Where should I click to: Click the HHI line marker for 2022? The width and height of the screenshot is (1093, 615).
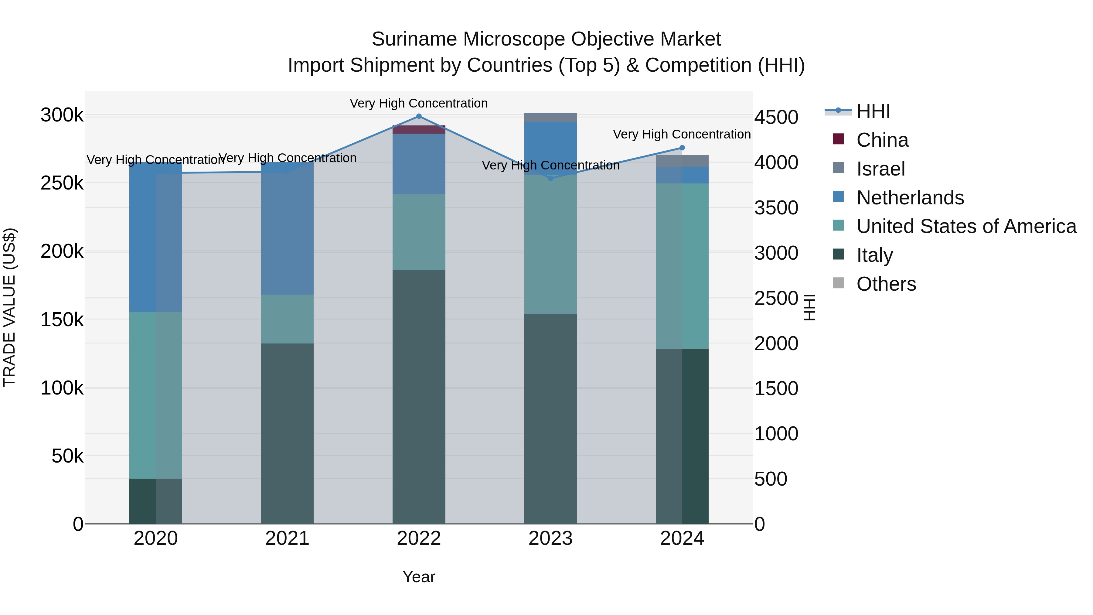[x=419, y=116]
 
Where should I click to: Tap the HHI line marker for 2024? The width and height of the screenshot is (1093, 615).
[x=682, y=148]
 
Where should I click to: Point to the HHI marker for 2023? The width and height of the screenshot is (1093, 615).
[x=550, y=178]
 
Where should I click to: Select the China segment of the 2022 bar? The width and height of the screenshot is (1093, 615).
[x=419, y=129]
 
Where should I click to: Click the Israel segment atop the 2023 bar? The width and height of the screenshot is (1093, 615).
[x=550, y=117]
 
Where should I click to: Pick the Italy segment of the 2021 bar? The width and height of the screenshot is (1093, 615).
[x=287, y=433]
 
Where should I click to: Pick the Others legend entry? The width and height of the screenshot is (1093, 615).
[x=886, y=284]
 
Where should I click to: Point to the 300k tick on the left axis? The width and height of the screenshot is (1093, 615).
[x=62, y=115]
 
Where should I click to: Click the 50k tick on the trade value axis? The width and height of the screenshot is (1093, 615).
[x=67, y=456]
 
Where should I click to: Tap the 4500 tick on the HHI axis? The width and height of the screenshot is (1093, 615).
[x=776, y=118]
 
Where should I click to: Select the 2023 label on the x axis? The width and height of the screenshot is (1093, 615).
[x=550, y=538]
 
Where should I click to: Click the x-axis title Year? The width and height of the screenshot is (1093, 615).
[x=419, y=577]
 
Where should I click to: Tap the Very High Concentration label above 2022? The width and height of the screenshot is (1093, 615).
[x=419, y=103]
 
